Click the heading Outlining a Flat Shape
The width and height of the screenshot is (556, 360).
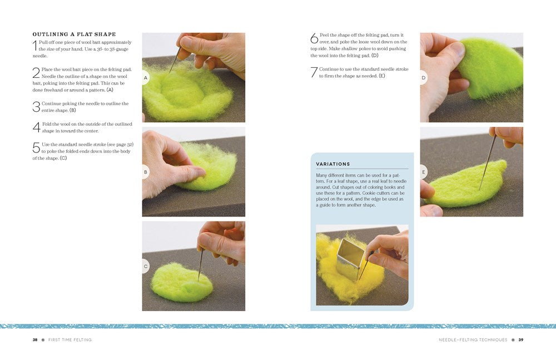[74, 34]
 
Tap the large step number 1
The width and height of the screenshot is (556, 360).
[34, 46]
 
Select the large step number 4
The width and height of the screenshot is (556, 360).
[36, 127]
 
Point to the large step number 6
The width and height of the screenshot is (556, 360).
[314, 38]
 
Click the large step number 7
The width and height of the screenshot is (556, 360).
[314, 72]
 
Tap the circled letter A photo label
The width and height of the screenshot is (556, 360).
[145, 78]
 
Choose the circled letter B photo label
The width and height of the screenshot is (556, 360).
[145, 172]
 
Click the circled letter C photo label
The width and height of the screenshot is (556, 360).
[145, 267]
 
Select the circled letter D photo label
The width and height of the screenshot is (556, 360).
[423, 78]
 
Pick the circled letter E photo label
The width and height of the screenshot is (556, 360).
[423, 172]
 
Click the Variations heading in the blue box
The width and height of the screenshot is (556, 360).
[333, 164]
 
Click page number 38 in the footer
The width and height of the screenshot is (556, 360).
[34, 340]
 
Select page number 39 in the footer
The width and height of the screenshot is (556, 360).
[520, 340]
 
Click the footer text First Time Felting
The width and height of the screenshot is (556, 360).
[70, 340]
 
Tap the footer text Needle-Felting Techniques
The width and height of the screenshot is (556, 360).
[473, 340]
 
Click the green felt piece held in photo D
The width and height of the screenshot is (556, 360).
[490, 66]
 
